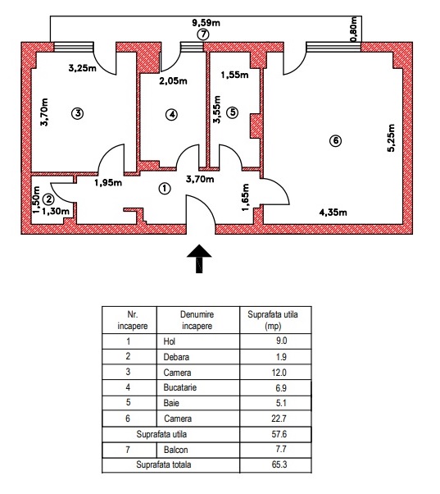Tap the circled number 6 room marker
coord(336,140)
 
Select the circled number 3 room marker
coord(78,113)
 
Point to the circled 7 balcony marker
coord(203,34)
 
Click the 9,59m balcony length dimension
coord(206,23)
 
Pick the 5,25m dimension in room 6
coord(391,138)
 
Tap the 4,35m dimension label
coord(333,213)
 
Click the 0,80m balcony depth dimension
coord(354,29)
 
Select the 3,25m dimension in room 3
coord(83,68)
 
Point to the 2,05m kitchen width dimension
coord(173,81)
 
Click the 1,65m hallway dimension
coord(246,198)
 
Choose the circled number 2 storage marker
coord(48,199)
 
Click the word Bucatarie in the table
coord(180,387)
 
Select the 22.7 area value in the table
coord(279,419)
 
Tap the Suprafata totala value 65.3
coord(279,464)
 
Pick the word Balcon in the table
coord(176,450)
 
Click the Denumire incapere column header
coord(197,320)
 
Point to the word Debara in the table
coord(176,357)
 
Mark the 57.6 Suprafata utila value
coord(279,434)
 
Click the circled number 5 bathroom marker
coord(233,112)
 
